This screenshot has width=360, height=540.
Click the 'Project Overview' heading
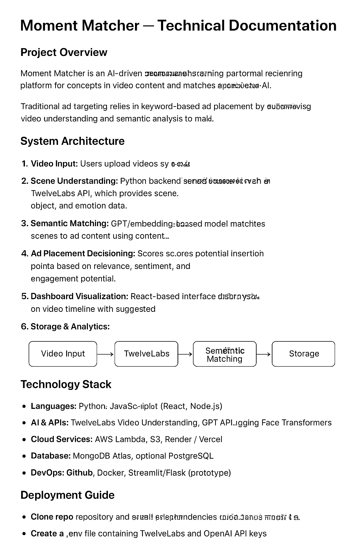pyautogui.click(x=64, y=52)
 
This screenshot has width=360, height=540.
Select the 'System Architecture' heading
pyautogui.click(x=72, y=141)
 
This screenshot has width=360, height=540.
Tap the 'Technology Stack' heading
pyautogui.click(x=66, y=385)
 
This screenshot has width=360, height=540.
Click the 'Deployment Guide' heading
pyautogui.click(x=67, y=495)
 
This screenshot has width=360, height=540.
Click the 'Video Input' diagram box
pyautogui.click(x=63, y=354)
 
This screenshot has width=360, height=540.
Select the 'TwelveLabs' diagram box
pyautogui.click(x=146, y=354)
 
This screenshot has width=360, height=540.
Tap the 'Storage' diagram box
pyautogui.click(x=304, y=354)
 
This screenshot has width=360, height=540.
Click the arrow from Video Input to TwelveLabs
pyautogui.click(x=105, y=354)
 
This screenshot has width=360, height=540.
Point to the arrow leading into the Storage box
pyautogui.click(x=264, y=354)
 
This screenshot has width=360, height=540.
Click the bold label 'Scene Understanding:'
pyautogui.click(x=74, y=181)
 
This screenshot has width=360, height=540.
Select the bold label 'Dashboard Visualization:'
pyautogui.click(x=79, y=296)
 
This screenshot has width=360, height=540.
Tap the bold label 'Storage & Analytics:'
pyautogui.click(x=70, y=327)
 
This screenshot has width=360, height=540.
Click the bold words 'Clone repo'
pyautogui.click(x=52, y=517)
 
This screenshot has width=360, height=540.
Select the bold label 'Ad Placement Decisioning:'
pyautogui.click(x=83, y=254)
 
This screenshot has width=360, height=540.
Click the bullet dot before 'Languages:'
pyautogui.click(x=24, y=406)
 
